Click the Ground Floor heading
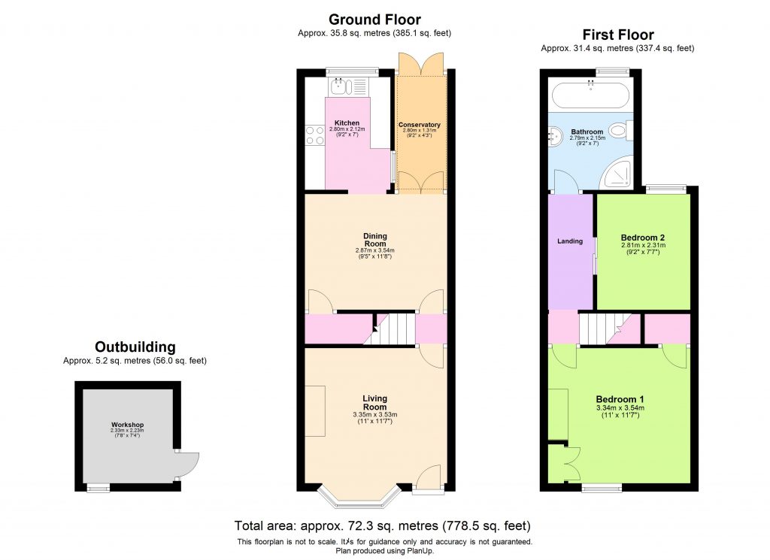pos(374,20)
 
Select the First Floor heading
pos(618,35)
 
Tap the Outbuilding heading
pos(135,347)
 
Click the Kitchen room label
pos(347,123)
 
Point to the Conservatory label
pos(420,125)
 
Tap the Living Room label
pos(374,402)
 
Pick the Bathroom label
pos(587,132)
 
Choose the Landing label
pos(570,241)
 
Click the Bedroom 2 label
pos(643,237)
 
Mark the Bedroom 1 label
pos(620,399)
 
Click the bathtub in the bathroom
pos(590,95)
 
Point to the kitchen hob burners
pos(314,135)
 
